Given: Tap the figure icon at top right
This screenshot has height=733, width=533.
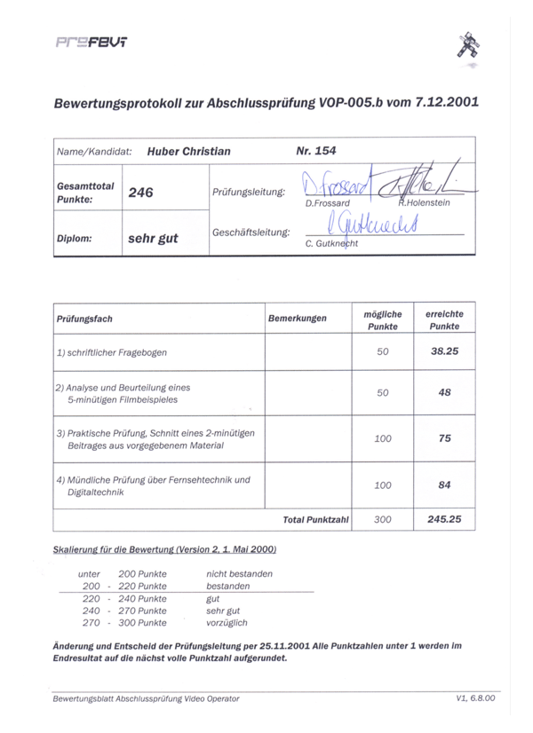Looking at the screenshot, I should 467,50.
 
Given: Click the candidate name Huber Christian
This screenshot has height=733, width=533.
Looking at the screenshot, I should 187,151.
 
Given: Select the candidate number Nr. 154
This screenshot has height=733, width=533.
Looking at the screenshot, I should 316,150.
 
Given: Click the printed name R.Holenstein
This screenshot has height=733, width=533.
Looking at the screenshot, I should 424,203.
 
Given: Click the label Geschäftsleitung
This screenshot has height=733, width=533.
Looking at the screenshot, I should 251,233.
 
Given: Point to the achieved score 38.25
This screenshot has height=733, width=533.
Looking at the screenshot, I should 444,351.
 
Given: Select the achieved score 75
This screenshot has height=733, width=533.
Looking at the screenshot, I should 445,437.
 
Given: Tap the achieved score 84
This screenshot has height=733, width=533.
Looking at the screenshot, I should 445,485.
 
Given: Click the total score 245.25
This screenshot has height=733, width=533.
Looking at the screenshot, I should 444,518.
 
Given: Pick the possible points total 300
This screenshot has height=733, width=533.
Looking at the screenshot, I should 383,519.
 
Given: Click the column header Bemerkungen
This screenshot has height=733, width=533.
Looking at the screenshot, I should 297,318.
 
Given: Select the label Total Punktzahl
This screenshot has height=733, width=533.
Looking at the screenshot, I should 315,519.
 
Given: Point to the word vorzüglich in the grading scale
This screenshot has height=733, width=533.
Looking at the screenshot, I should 227,623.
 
